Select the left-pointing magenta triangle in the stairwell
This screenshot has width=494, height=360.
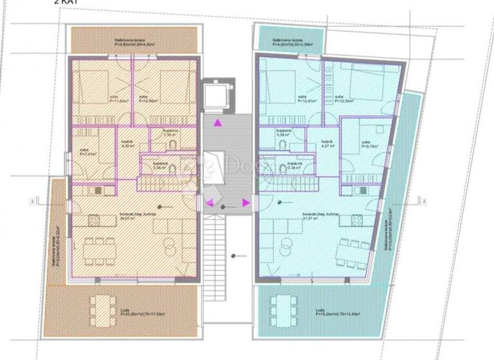click(x=209, y=203)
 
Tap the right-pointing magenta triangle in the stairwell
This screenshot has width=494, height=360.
click(x=246, y=203)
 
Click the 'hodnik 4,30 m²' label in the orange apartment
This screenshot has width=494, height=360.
click(x=127, y=145)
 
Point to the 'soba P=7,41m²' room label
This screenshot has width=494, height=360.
click(x=88, y=153)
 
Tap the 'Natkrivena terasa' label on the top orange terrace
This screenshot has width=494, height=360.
click(x=125, y=42)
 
